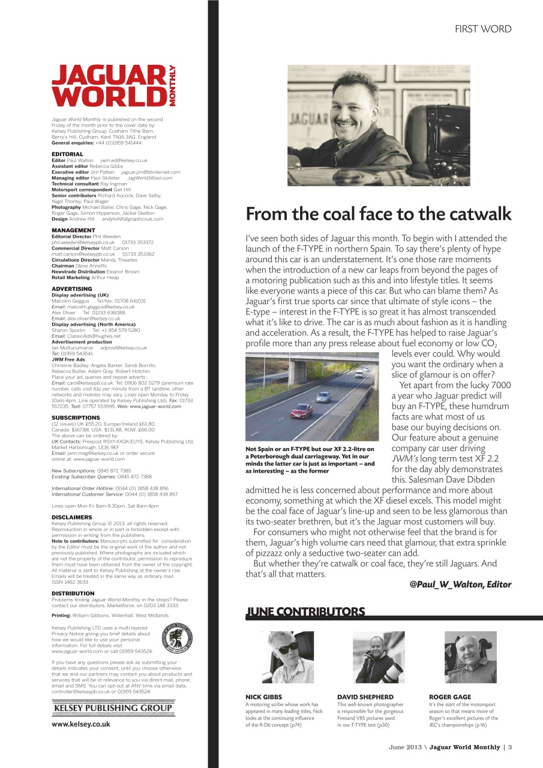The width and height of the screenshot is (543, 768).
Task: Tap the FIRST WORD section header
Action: tap(482, 29)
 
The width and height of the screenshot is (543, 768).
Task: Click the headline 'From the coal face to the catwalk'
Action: tap(379, 214)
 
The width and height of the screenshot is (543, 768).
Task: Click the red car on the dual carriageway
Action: tap(301, 410)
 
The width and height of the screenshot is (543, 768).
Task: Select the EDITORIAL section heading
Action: tap(67, 154)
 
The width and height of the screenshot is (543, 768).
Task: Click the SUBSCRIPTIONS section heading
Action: tap(76, 417)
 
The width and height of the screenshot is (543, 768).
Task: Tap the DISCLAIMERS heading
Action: tap(72, 517)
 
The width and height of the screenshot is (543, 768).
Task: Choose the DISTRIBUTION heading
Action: tap(73, 593)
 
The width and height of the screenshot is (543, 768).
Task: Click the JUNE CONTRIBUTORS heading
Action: tap(305, 612)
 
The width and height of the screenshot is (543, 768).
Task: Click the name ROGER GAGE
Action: tap(450, 697)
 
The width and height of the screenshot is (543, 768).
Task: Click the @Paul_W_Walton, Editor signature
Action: tap(460, 584)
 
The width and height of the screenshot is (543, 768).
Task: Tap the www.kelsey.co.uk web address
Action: tap(81, 724)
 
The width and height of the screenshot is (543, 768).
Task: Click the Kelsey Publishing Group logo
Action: tap(113, 708)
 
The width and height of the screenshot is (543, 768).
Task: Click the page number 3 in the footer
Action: tap(509, 747)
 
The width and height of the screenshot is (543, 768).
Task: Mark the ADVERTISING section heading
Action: tap(72, 289)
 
